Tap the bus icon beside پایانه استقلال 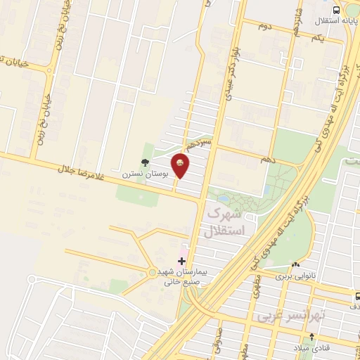336,10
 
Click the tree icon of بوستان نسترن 145,162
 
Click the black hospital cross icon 182,261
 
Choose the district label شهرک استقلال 226,221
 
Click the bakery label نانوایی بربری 307,277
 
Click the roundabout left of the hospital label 153,273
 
